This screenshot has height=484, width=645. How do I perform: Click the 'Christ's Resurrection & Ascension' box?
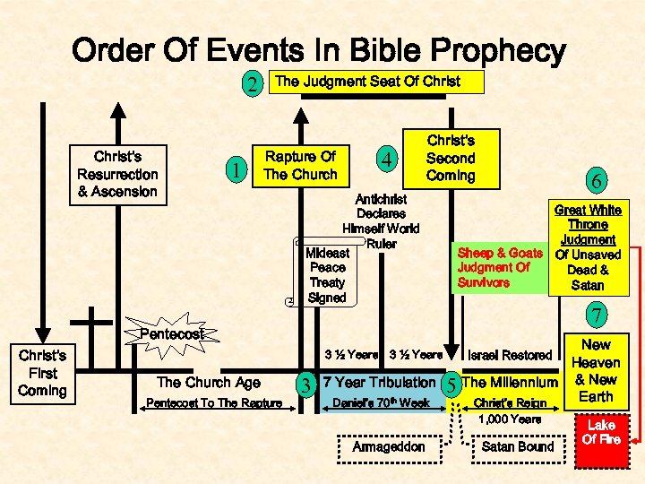click(x=117, y=174)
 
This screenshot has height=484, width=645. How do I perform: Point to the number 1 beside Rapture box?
click(x=234, y=169)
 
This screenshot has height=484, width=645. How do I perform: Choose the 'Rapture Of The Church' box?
click(x=300, y=166)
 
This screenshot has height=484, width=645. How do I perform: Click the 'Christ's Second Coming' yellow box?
click(x=451, y=158)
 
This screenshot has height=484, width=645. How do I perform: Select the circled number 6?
click(x=591, y=179)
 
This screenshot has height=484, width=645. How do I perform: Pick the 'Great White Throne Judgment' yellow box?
click(x=589, y=247)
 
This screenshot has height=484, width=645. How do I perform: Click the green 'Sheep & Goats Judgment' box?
click(x=499, y=267)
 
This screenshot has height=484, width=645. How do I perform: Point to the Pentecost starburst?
click(x=171, y=333)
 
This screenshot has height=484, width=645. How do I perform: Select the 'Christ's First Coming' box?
click(x=42, y=373)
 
